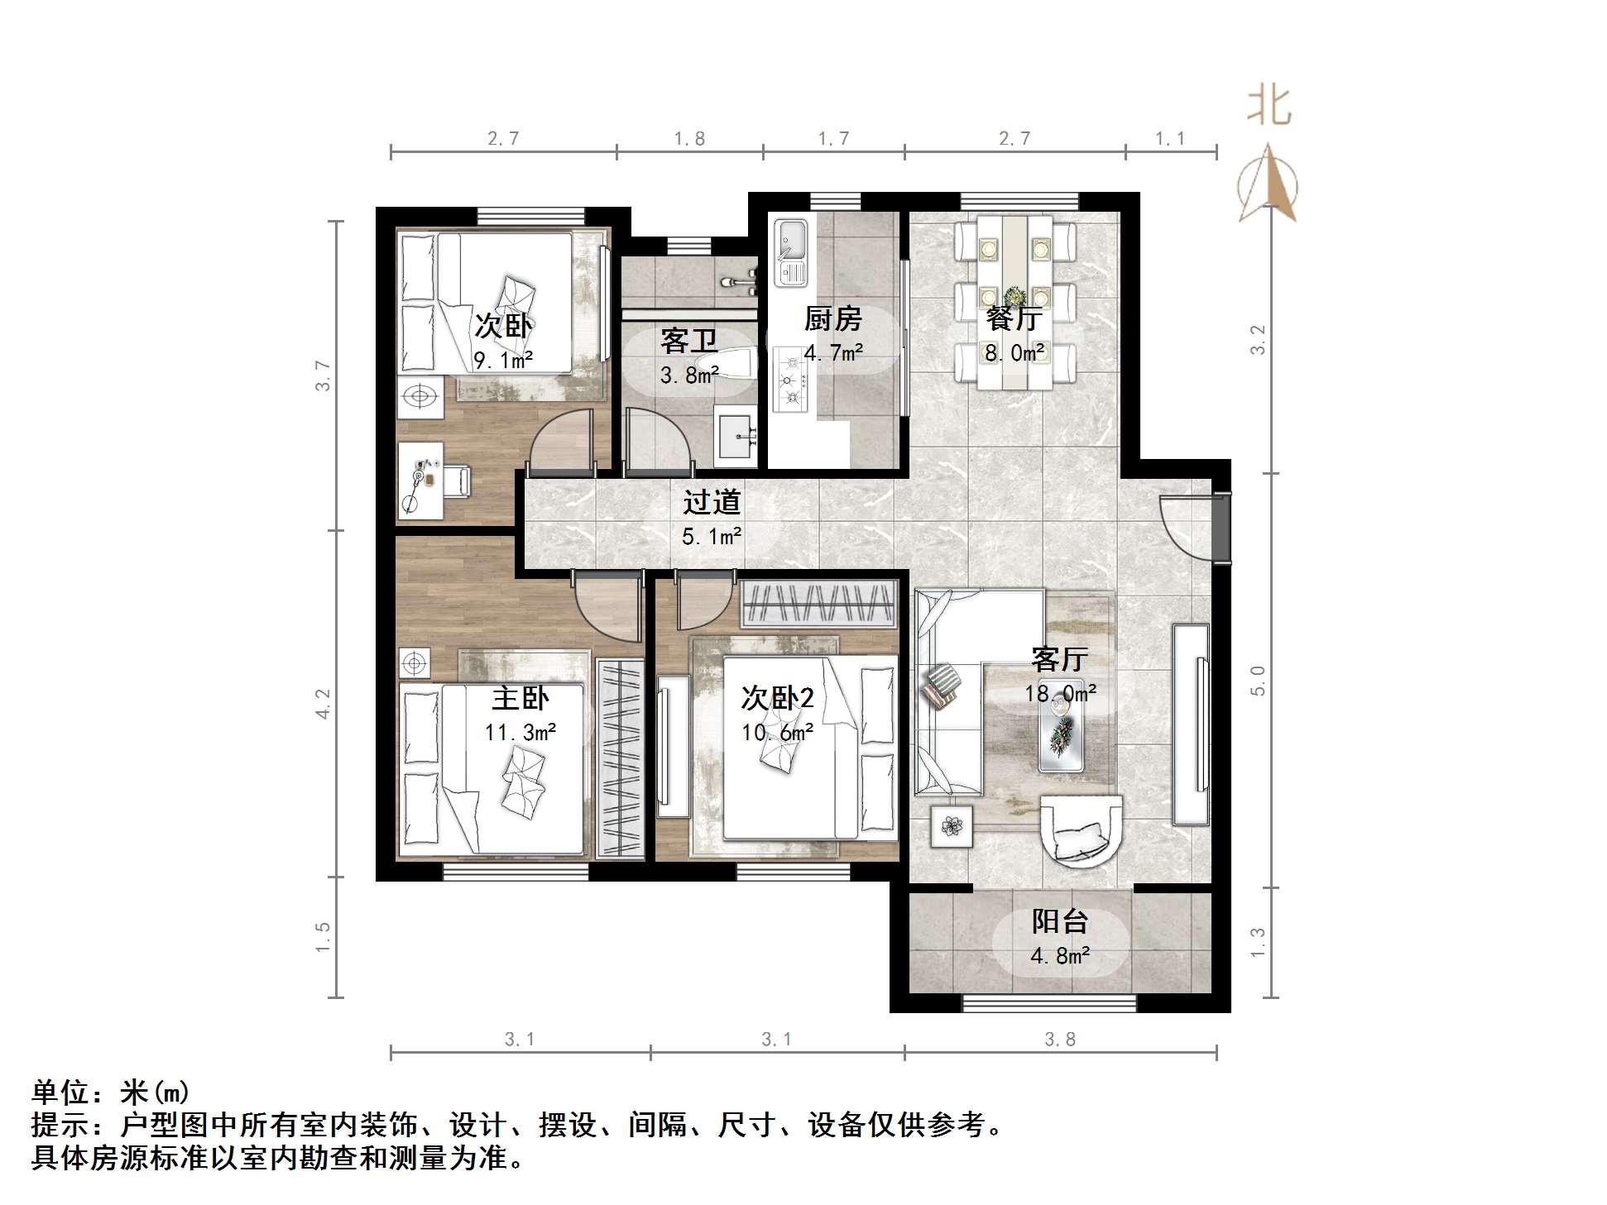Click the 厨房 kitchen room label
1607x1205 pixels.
(x=832, y=318)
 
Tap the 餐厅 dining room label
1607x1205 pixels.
(x=1013, y=318)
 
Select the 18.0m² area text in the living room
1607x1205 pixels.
(x=1060, y=693)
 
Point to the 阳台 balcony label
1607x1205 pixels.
(x=1059, y=921)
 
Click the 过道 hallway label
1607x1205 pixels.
(x=711, y=502)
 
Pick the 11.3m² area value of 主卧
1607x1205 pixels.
(x=520, y=733)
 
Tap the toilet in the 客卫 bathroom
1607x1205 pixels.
(x=727, y=365)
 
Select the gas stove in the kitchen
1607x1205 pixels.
(x=789, y=380)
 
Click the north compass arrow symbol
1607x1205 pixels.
(x=1268, y=185)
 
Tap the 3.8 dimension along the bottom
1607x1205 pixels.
(x=1059, y=1040)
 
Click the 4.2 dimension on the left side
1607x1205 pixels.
(x=323, y=704)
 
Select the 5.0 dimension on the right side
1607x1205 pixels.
(x=1258, y=681)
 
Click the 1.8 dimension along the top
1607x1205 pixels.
(x=688, y=139)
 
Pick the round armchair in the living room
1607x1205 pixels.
(x=1080, y=830)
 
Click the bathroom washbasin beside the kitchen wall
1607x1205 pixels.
(x=736, y=435)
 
